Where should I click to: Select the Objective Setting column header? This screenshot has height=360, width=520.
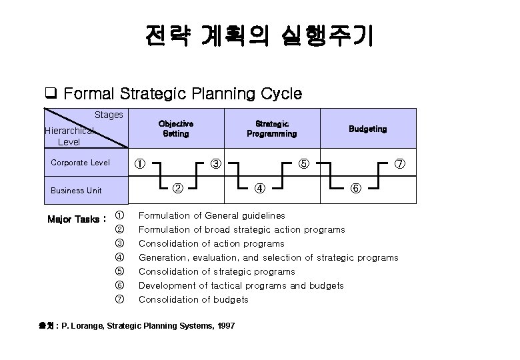coord(176,129)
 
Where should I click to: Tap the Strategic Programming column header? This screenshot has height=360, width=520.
coord(271,129)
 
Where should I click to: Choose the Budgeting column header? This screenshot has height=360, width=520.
coord(367,129)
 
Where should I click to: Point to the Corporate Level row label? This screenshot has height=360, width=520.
coord(80,162)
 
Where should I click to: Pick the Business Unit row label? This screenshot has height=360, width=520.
coord(76,190)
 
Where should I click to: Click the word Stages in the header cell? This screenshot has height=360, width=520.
coord(109,115)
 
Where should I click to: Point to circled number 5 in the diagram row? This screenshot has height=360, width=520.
coord(303,163)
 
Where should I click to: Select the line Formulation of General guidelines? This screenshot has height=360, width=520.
coord(211,215)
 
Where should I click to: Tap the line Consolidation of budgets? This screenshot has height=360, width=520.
coord(193,299)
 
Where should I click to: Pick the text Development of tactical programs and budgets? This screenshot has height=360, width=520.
coord(241,285)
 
